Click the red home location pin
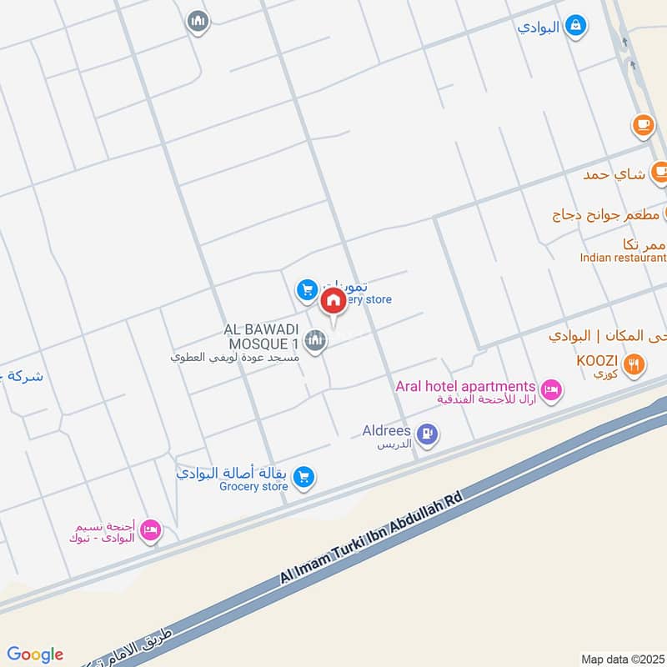pos(333,301)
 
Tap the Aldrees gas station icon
pos(428,434)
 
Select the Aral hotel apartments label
pos(465,386)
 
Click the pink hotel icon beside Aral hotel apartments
pos(550,389)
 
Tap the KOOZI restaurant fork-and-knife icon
pos(634,363)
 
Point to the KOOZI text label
pos(596,360)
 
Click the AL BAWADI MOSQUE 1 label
pos(260,337)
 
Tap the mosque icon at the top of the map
pos(198,21)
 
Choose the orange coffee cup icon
pos(643,124)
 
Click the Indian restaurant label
pos(623,258)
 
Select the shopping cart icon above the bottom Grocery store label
pos(304,475)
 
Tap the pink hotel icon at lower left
pos(150,530)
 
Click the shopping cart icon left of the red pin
pos(307,290)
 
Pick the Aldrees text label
pos(387,430)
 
